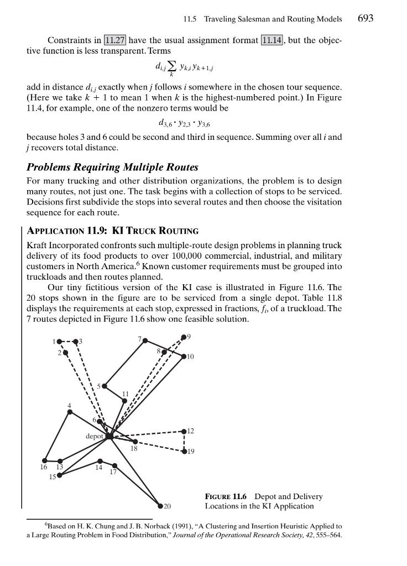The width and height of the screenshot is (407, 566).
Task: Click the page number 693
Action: tap(366, 18)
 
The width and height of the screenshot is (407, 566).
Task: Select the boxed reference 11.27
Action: tap(115, 40)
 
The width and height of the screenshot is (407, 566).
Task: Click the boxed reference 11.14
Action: tap(272, 40)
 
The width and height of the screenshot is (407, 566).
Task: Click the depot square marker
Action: tap(109, 436)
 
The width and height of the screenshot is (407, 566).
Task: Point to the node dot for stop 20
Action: tap(160, 506)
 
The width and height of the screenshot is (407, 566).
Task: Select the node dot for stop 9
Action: tap(184, 337)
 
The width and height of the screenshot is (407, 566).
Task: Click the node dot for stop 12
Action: tap(184, 431)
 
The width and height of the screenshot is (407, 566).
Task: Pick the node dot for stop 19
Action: tap(184, 451)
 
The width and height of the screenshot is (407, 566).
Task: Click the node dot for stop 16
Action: tap(44, 460)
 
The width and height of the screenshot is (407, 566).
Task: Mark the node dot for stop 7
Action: tap(145, 340)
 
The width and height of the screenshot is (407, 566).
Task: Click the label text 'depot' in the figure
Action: tap(95, 436)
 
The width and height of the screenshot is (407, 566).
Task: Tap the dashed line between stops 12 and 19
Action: tap(184, 441)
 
